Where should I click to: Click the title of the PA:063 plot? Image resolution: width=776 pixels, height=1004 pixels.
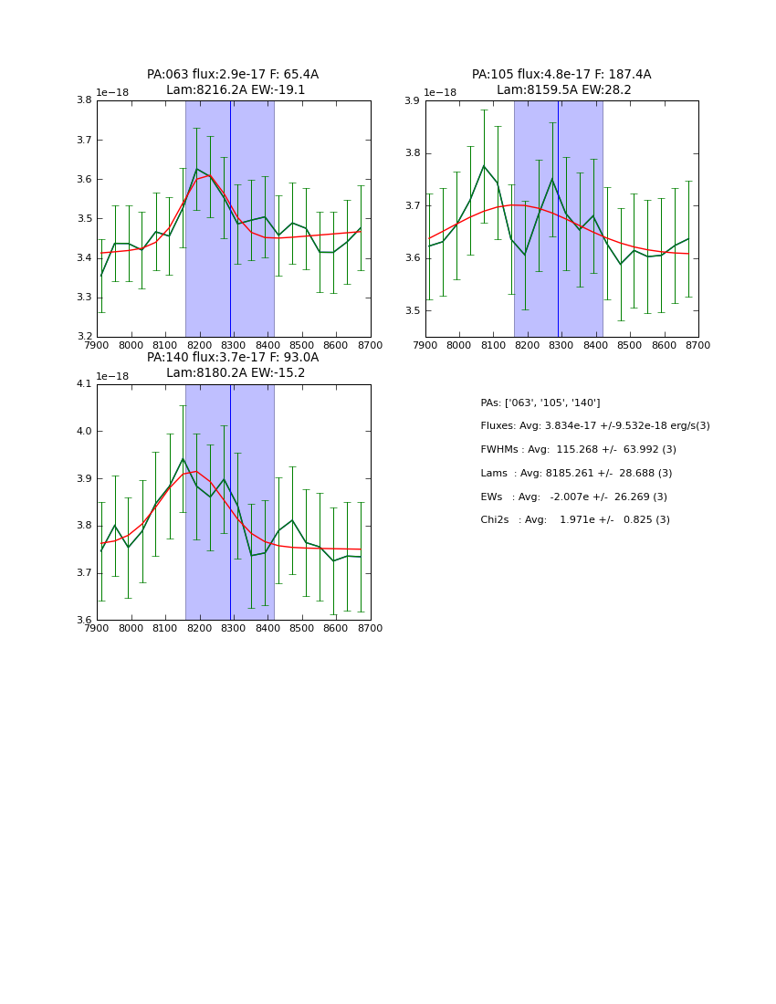coord(233,82)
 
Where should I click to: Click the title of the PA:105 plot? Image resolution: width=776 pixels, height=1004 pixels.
coord(561,82)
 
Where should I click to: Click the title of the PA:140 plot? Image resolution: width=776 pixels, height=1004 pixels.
coord(233,365)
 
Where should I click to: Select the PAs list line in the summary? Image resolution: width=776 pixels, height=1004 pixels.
coord(540,403)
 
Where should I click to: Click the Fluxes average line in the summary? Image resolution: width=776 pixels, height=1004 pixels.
coord(594,426)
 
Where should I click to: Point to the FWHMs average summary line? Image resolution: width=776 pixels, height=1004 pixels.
coord(578,450)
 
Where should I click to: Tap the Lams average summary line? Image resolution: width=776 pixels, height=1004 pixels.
coord(576,474)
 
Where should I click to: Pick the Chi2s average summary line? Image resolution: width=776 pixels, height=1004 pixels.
coord(574,520)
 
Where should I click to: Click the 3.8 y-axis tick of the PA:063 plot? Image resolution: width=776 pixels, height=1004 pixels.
coord(84,100)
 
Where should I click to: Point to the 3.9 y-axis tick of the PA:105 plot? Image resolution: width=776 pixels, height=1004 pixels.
coord(413,100)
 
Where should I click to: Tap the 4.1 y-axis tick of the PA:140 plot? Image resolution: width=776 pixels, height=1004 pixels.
coord(84,384)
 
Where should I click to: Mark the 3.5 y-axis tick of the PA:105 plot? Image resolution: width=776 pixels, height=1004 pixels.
coord(413,311)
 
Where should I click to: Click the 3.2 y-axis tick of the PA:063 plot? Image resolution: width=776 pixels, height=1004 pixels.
coord(84,337)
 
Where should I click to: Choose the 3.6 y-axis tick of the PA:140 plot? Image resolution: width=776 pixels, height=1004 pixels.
coord(84,621)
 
